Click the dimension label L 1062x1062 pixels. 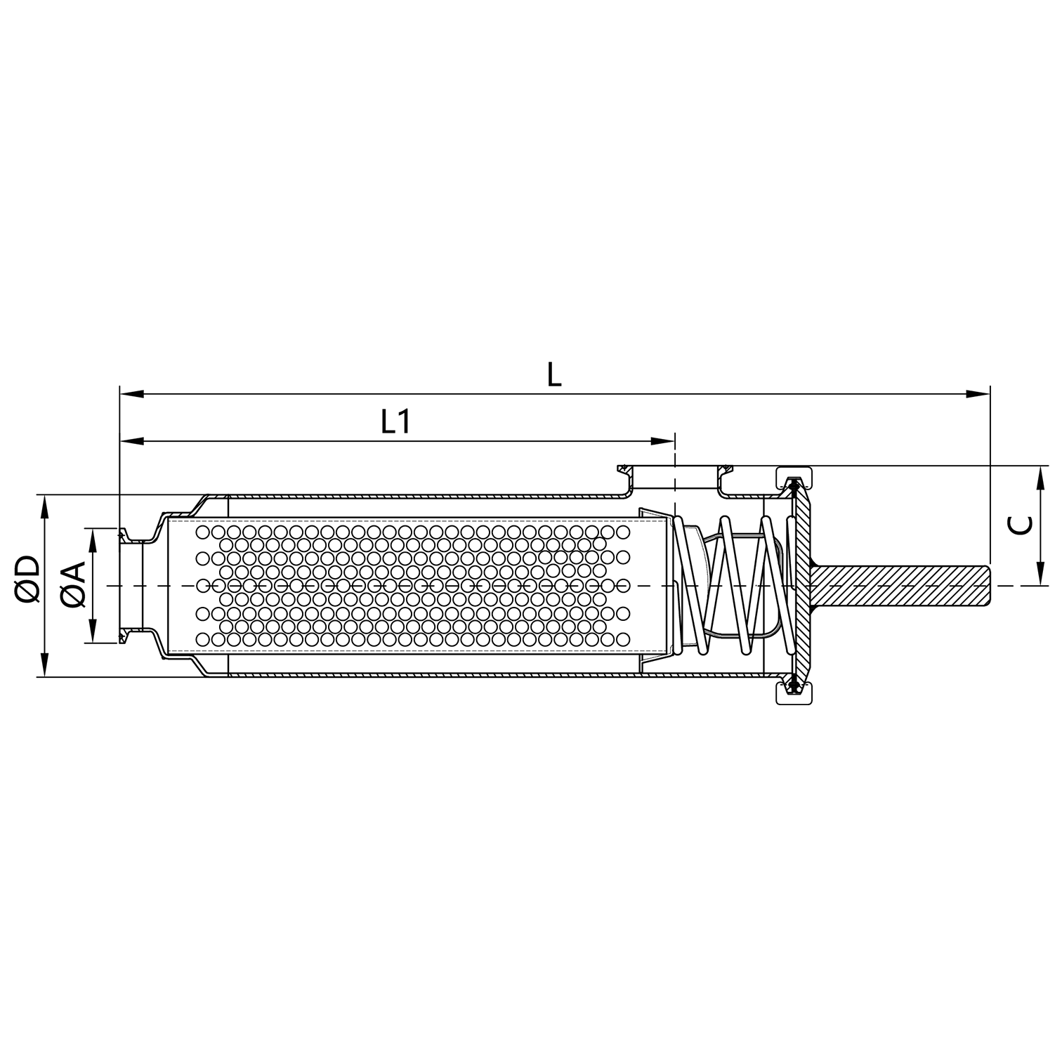click(554, 375)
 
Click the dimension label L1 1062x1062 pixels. click(395, 422)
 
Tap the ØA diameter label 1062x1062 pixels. click(73, 584)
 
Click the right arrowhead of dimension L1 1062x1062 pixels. click(663, 441)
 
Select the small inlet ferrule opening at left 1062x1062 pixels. click(131, 584)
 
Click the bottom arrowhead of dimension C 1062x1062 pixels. click(1040, 575)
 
